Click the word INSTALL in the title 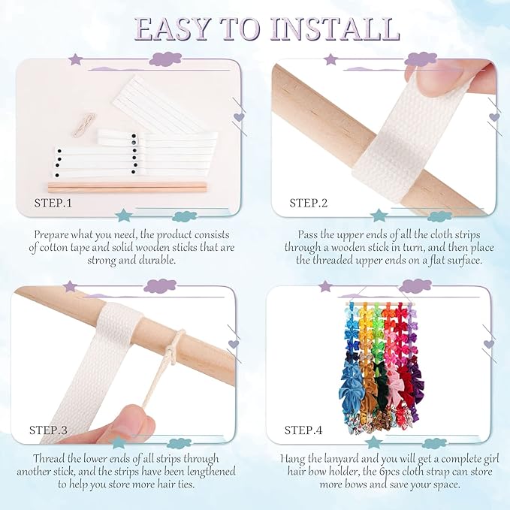tap(335, 29)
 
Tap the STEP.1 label tap(53, 203)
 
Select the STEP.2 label tap(309, 203)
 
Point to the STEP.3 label tap(48, 430)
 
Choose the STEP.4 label tap(303, 430)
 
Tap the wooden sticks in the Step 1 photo tap(128, 187)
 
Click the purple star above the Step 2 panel tap(330, 59)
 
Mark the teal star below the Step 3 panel tap(119, 442)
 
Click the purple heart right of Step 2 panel tap(494, 117)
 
